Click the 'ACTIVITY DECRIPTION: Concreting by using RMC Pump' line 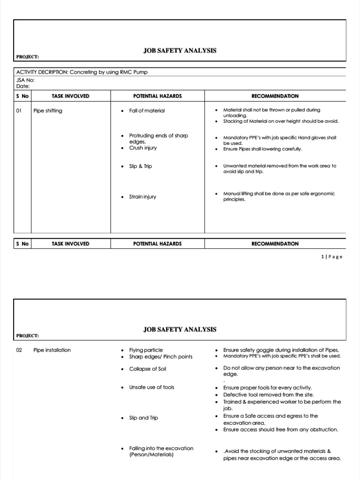[85, 72]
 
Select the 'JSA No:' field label [25, 80]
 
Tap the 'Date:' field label [22, 86]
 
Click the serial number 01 [19, 111]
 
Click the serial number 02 [19, 350]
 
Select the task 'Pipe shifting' [47, 111]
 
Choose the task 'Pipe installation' [52, 350]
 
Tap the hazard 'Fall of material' [147, 111]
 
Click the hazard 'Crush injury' [143, 148]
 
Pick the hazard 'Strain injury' [142, 197]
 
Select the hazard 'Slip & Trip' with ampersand [141, 166]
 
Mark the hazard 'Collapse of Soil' [148, 369]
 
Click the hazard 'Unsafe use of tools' [151, 387]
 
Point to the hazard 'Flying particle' [146, 350]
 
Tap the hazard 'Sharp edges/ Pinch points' [160, 357]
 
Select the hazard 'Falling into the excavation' [161, 449]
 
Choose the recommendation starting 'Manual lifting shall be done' [278, 194]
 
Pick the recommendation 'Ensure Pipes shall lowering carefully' [262, 149]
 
